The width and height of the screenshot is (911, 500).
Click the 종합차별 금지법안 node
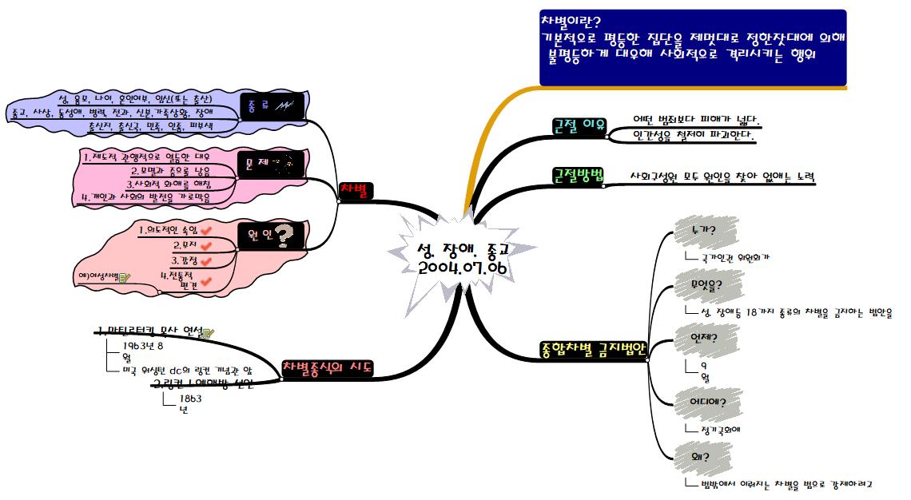click(592, 349)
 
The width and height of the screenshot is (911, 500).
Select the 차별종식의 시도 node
click(328, 368)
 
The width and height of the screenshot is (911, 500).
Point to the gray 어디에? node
click(707, 402)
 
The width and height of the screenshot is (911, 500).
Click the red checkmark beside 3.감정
click(205, 260)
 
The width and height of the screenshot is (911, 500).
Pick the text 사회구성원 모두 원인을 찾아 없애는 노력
click(722, 177)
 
